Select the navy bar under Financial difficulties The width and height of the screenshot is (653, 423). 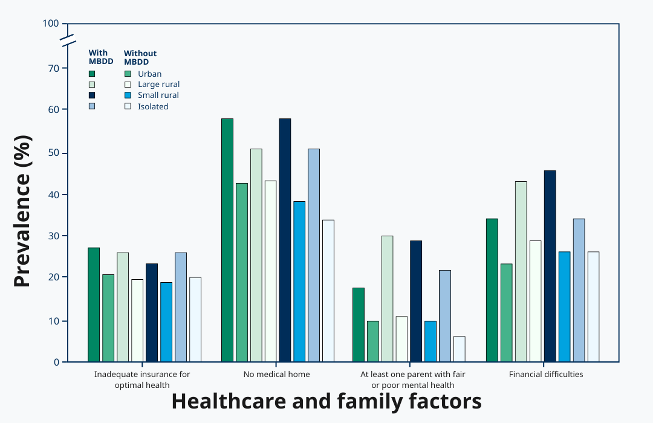coord(550,266)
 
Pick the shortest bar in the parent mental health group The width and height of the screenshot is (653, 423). coord(460,349)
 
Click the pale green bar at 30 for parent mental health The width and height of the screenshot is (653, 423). coord(387,299)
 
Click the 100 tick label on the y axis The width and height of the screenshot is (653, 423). coord(51,24)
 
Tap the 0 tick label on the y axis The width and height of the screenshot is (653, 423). coord(56,362)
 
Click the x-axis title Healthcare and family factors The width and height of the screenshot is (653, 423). coord(326,401)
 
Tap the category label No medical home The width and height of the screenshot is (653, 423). coord(276,374)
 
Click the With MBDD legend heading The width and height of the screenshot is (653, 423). coord(98,57)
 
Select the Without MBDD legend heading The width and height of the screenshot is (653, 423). coord(140,57)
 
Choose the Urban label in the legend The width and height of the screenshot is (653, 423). coord(149,74)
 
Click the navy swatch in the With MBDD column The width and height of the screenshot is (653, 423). coord(92,95)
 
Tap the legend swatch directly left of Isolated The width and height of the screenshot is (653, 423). coord(128,106)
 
